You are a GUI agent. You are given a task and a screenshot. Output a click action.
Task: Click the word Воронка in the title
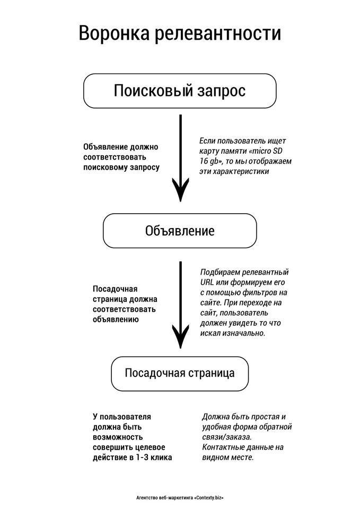tap(114, 33)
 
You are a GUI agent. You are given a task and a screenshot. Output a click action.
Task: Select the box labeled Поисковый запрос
tap(180, 91)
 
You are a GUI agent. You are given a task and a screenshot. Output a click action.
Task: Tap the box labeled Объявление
tap(180, 231)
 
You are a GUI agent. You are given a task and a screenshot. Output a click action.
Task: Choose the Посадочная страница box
tap(180, 373)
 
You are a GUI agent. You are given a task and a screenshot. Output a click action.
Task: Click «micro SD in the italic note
tap(266, 151)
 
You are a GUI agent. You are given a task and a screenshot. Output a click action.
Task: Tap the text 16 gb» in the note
tap(211, 161)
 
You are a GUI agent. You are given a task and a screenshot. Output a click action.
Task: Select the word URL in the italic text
tap(207, 282)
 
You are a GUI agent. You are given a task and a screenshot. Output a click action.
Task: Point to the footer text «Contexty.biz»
tap(209, 497)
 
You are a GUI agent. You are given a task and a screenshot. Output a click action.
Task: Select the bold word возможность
tap(118, 437)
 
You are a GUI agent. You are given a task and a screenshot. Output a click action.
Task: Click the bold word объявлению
tap(116, 319)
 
